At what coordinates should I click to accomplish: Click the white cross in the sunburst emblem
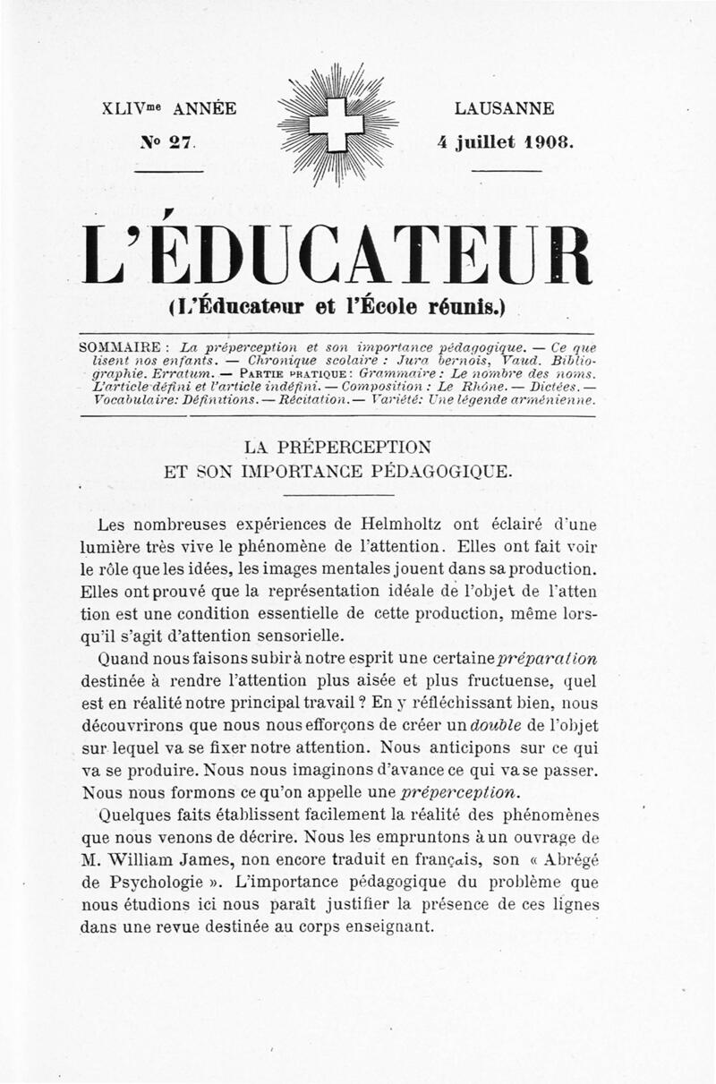337,125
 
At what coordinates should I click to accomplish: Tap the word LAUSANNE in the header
505,109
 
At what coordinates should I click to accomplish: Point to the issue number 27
181,141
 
